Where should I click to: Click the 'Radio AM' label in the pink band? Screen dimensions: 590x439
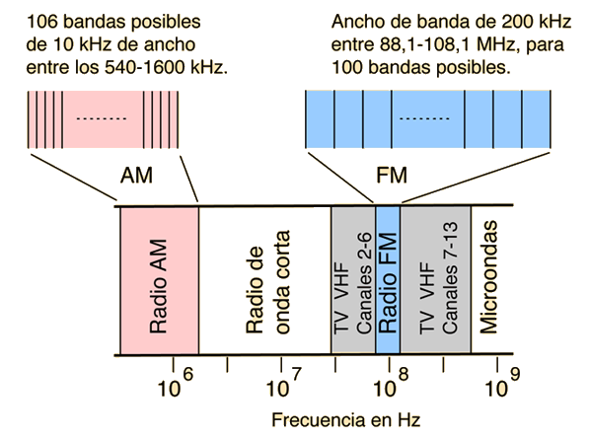pos(158,287)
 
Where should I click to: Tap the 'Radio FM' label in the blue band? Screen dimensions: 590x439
pos(388,283)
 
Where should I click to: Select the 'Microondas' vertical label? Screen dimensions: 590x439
pos(488,277)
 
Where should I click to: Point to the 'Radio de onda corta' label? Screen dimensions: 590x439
pos(268,282)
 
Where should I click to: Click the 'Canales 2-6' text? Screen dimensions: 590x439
pos(364,283)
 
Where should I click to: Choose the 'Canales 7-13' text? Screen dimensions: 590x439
pos(450,277)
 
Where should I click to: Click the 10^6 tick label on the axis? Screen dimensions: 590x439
pos(176,383)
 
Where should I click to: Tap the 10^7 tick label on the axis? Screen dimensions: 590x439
pos(284,383)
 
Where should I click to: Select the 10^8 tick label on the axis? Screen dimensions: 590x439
pos(392,383)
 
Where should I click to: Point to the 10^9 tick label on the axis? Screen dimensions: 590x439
pos(503,383)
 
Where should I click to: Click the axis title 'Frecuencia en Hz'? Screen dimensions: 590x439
pos(345,420)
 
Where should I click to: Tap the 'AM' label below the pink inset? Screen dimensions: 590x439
pos(136,176)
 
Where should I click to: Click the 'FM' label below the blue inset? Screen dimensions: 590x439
pos(392,176)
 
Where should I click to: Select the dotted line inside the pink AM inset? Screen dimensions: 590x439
pos(102,118)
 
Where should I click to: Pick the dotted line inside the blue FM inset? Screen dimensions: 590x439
pos(424,118)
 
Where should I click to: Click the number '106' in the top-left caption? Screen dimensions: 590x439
pos(42,22)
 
